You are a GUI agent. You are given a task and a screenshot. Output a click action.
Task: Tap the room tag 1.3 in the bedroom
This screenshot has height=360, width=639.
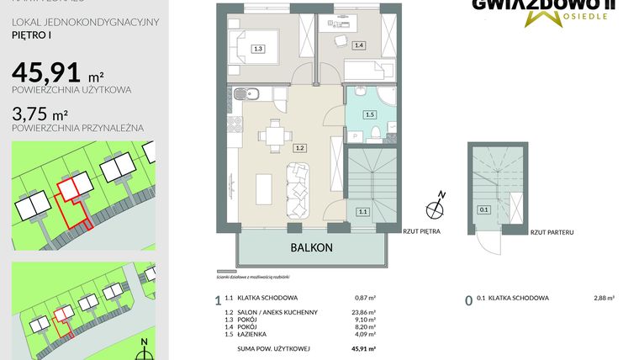[x=258, y=49]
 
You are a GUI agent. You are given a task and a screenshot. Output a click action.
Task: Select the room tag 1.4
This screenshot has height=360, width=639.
[x=359, y=45]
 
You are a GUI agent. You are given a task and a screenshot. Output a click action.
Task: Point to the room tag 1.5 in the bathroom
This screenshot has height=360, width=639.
[x=369, y=114]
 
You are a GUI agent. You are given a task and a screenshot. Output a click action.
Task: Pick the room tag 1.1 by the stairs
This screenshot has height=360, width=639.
[x=362, y=212]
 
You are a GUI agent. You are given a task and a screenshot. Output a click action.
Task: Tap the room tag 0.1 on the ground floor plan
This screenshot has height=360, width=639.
[x=483, y=210]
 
